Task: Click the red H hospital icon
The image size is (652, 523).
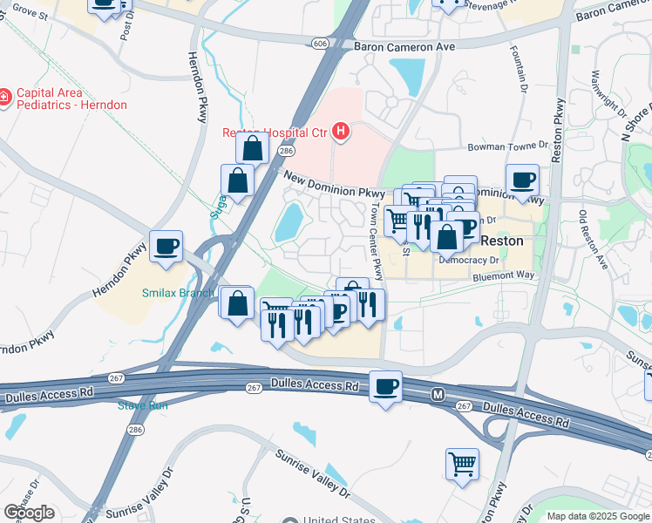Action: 341,132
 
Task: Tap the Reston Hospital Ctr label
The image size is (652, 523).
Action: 273,132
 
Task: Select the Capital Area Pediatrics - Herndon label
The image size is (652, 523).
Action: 71,98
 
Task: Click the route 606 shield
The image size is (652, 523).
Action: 321,42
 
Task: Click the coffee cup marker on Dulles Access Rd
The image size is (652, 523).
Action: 385,385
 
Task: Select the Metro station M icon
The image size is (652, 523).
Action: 439,396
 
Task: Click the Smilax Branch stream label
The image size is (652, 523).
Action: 178,293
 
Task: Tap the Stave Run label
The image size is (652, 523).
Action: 141,404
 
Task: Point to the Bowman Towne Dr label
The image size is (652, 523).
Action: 506,148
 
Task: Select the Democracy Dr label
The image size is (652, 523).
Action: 468,260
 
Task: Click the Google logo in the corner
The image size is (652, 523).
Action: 29,513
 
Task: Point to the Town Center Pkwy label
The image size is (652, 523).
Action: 375,242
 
